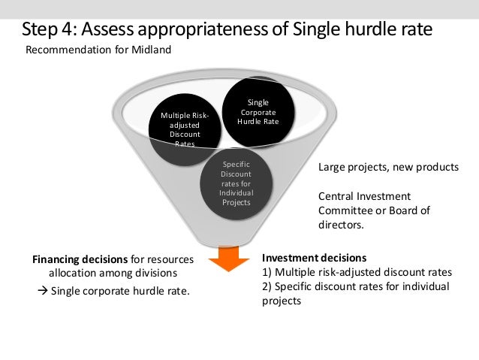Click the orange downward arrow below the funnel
[229, 259]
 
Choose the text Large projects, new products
[387, 167]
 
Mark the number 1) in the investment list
[267, 271]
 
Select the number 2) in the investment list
[267, 286]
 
